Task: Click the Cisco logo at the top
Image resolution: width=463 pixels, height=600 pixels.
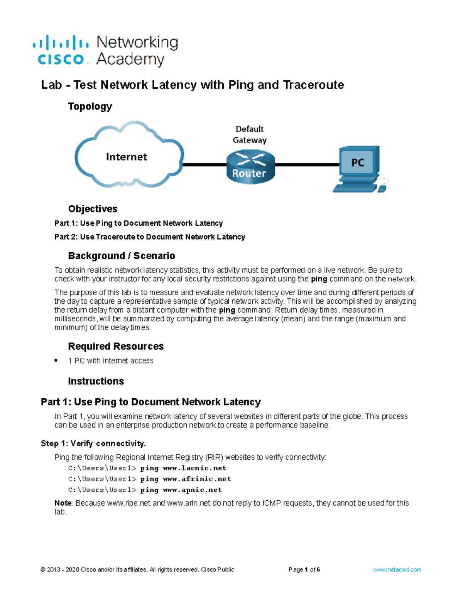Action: (x=61, y=50)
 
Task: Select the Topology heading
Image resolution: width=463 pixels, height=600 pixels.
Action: (x=90, y=106)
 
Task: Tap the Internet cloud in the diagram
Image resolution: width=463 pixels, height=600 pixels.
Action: (x=127, y=156)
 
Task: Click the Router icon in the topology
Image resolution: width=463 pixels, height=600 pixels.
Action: (x=250, y=167)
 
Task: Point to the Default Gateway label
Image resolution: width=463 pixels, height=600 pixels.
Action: (x=250, y=134)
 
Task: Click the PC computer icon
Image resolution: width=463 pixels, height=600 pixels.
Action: (x=359, y=168)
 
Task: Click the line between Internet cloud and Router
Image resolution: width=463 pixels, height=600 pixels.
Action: (x=204, y=165)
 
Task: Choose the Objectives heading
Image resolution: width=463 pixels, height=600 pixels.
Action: (x=93, y=209)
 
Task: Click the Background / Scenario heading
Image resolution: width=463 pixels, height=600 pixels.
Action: (x=122, y=256)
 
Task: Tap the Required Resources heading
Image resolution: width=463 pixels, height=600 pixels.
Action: (x=116, y=346)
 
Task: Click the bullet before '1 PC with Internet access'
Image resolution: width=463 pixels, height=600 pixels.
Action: (x=56, y=360)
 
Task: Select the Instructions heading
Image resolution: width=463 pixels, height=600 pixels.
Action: (x=96, y=381)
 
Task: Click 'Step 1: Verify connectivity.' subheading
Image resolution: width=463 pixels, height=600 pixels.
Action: (x=93, y=444)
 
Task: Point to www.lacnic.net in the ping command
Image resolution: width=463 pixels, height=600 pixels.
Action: (x=194, y=468)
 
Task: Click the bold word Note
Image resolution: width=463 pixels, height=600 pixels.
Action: (x=63, y=503)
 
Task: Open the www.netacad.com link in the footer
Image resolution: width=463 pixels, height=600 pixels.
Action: (x=397, y=569)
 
